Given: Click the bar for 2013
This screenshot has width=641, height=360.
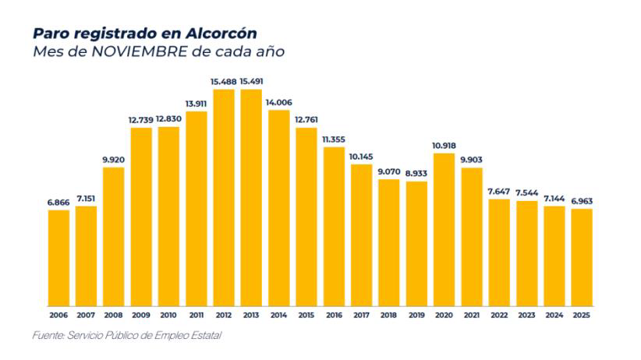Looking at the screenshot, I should [x=251, y=198].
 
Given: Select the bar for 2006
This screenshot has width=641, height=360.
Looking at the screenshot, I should [x=58, y=258].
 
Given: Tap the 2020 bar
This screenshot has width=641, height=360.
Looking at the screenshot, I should [x=444, y=230].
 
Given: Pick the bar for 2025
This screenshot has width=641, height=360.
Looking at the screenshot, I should [x=581, y=257].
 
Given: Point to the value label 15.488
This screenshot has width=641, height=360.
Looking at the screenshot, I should [x=224, y=81].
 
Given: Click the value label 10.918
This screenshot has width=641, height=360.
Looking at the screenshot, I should [x=444, y=145].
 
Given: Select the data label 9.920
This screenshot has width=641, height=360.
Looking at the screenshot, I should [x=114, y=160].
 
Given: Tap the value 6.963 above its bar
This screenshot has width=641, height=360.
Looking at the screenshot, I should [x=581, y=201].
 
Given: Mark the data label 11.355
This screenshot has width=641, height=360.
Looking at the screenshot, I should [x=334, y=139].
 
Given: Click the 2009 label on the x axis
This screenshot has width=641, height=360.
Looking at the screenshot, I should [x=141, y=315].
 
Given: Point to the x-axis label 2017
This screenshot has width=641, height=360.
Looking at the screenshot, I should [x=361, y=315].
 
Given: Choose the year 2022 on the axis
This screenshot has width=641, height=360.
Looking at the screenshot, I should [x=498, y=315].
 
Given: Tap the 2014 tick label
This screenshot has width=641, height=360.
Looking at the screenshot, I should [x=278, y=315].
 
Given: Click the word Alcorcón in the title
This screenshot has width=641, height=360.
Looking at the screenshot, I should [x=221, y=34].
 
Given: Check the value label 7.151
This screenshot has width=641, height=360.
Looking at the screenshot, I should [x=86, y=199].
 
